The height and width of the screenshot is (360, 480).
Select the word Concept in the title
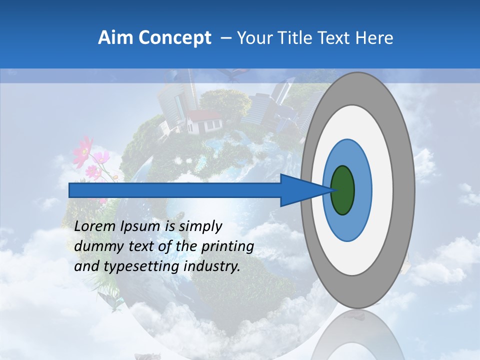tap(175, 38)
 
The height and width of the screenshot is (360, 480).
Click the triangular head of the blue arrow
tap(300, 190)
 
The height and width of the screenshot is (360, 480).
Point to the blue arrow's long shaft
tap(175, 190)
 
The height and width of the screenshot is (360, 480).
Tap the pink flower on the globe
tap(84, 150)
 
